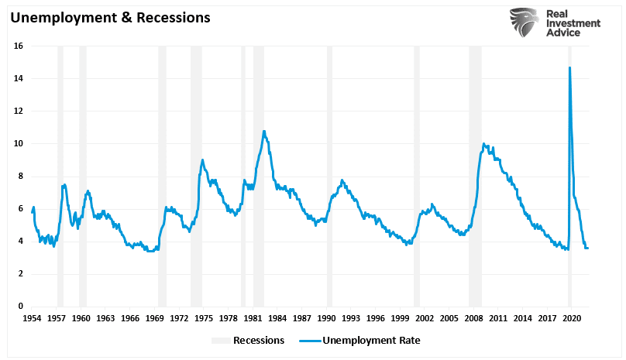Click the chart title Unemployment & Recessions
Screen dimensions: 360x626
109,17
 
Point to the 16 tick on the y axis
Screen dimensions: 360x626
18,46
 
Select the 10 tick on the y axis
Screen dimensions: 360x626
18,144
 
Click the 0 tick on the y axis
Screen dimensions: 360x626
20,307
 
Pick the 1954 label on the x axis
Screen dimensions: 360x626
32,318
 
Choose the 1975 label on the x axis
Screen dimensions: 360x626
204,318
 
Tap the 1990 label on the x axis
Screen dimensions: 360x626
326,318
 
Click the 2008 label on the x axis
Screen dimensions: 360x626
474,318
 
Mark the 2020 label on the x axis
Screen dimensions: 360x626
572,318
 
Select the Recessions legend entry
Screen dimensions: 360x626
248,340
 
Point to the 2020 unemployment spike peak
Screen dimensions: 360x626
570,67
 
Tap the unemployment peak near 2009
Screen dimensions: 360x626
483,143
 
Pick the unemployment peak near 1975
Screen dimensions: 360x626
203,160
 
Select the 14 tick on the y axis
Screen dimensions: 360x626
18,79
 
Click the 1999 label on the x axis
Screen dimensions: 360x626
400,318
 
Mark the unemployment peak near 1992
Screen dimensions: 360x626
342,180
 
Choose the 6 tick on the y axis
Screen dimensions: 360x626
20,209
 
